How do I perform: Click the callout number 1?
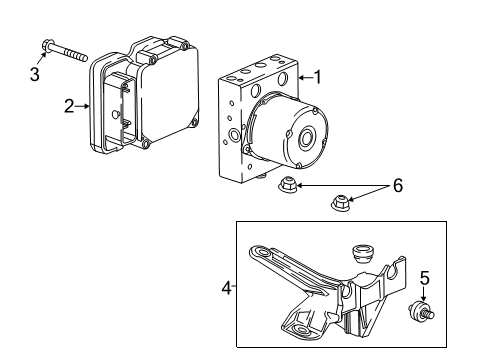pos(319,77)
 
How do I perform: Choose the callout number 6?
pos(399,186)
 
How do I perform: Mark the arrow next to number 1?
pos(303,78)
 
